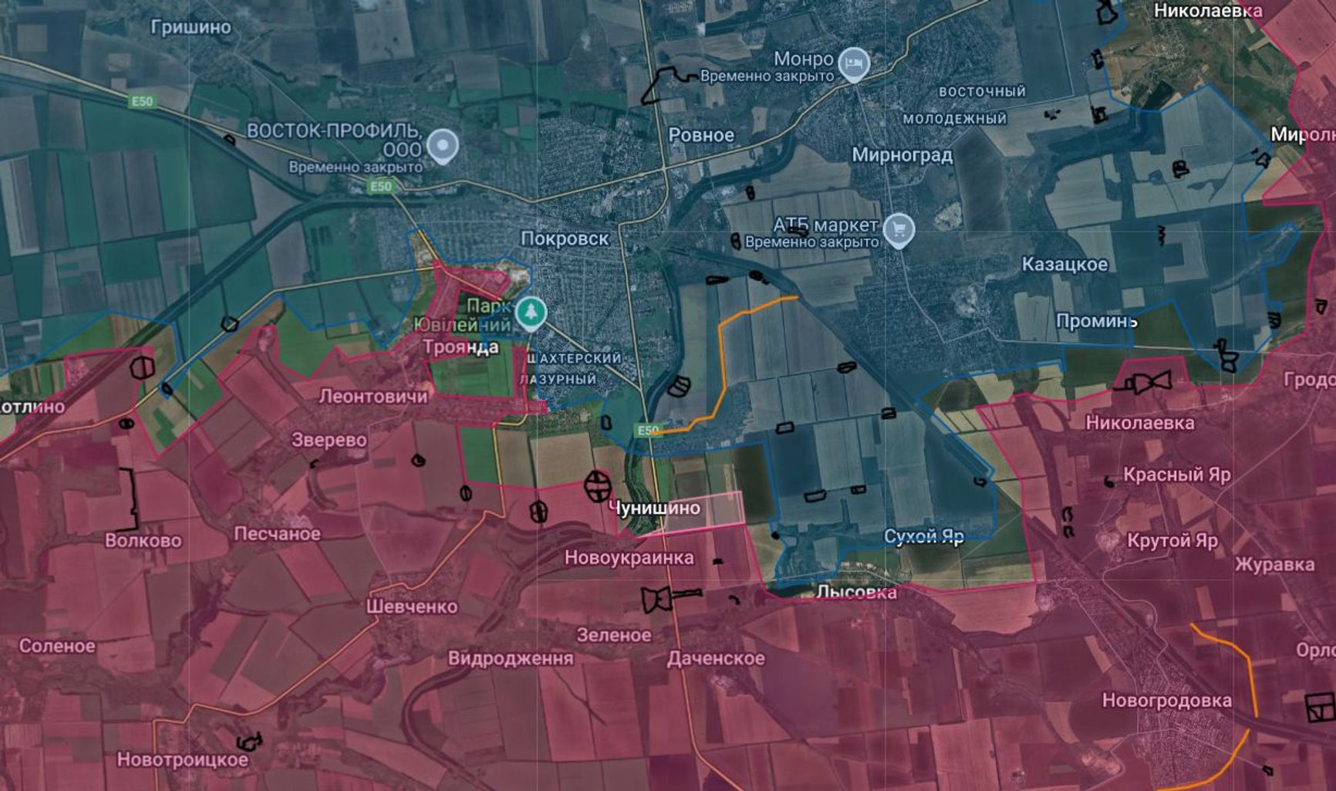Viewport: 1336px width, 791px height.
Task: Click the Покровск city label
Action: click(565, 239)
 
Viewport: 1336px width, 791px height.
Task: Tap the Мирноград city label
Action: click(902, 155)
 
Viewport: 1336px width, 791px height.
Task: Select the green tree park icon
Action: click(531, 313)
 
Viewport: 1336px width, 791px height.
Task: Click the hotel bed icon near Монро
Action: click(853, 64)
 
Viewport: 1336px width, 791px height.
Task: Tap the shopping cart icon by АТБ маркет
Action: click(899, 228)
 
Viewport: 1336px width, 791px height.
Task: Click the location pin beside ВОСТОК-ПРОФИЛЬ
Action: click(443, 145)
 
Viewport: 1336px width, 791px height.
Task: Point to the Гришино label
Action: click(191, 28)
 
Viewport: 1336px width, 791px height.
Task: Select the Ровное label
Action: click(701, 136)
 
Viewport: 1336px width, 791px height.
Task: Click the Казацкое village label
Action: click(1064, 265)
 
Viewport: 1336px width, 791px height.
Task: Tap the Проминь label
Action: click(1096, 321)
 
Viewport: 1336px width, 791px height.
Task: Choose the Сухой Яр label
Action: click(924, 536)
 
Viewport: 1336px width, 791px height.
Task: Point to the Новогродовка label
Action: click(1167, 701)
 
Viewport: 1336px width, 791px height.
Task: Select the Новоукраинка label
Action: click(629, 557)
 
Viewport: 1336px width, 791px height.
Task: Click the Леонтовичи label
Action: click(373, 397)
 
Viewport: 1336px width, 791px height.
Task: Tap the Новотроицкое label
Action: click(183, 760)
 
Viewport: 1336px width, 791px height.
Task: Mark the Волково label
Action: click(143, 540)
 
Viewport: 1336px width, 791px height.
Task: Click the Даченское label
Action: click(716, 658)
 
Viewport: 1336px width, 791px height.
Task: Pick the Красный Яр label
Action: click(1176, 475)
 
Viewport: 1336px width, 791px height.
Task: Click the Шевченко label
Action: click(412, 607)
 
